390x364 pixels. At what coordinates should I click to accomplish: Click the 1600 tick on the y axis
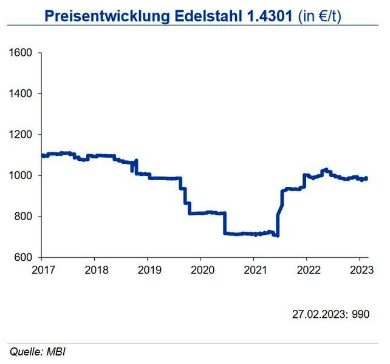[x=21, y=53]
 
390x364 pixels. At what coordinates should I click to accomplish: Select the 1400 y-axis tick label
[x=21, y=93]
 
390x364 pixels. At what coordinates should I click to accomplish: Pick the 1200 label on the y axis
[x=21, y=135]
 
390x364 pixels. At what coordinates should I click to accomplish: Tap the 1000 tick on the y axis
[x=21, y=175]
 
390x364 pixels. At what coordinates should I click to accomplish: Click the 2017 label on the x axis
[x=41, y=269]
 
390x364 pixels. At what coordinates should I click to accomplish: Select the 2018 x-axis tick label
[x=94, y=269]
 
